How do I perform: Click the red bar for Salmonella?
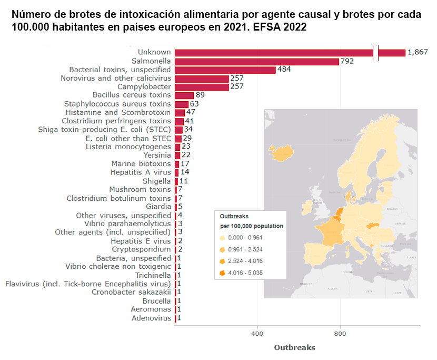(256, 61)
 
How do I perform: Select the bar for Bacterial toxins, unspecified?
(225, 70)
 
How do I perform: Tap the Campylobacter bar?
(202, 87)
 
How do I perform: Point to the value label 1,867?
(418, 52)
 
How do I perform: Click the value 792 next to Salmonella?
(347, 61)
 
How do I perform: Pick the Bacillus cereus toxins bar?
(184, 95)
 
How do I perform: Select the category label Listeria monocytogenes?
(128, 147)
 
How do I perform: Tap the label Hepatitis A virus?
(141, 172)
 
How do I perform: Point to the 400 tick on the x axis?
(257, 334)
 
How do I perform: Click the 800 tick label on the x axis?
(341, 334)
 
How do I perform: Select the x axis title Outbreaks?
(295, 347)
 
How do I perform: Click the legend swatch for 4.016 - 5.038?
(222, 273)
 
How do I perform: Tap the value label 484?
(284, 70)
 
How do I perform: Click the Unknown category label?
(154, 52)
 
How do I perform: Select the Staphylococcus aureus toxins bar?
(181, 104)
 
